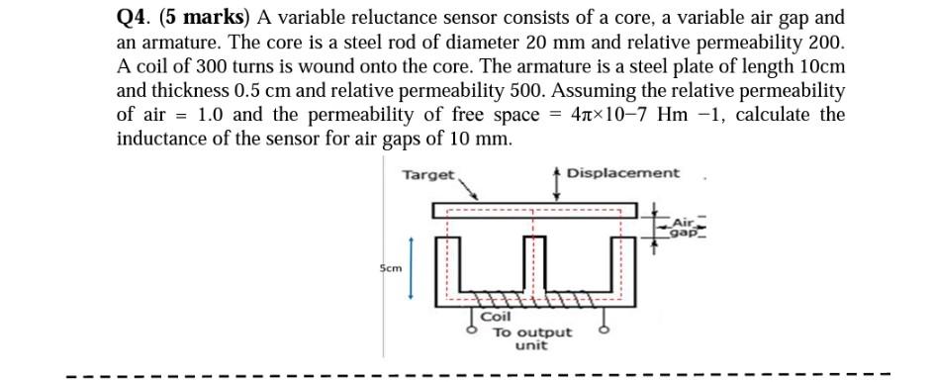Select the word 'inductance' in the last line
163,139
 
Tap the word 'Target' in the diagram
427,174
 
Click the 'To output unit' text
532,338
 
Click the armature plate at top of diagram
534,211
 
